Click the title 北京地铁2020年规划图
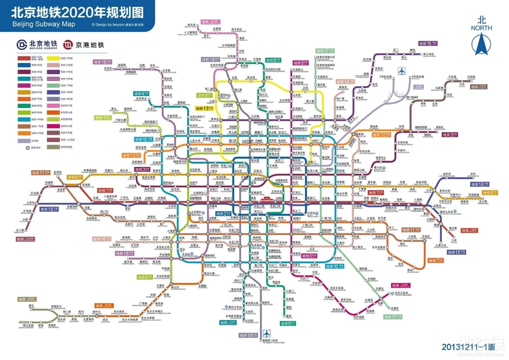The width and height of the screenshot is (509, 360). (x=77, y=12)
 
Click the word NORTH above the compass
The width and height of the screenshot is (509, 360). (x=481, y=28)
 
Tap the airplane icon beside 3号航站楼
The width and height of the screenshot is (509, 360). (x=401, y=72)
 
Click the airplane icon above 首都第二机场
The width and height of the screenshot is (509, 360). (x=268, y=333)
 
